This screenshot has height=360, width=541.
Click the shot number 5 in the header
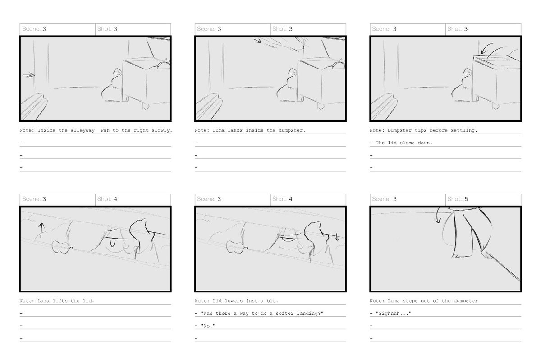tap(466, 199)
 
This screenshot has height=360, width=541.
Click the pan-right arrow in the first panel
tap(28, 75)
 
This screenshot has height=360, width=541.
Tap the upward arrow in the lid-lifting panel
tap(41, 230)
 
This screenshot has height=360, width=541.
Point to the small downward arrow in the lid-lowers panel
tap(337, 237)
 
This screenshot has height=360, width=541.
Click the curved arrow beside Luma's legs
tap(438, 215)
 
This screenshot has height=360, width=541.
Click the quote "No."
tap(208, 326)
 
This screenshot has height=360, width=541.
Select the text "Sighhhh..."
tap(394, 313)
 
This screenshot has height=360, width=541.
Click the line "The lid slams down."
tap(404, 143)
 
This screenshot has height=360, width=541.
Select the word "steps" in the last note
tap(410, 301)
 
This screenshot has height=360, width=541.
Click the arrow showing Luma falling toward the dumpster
tap(257, 40)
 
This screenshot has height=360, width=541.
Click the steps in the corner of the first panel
tap(34, 106)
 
